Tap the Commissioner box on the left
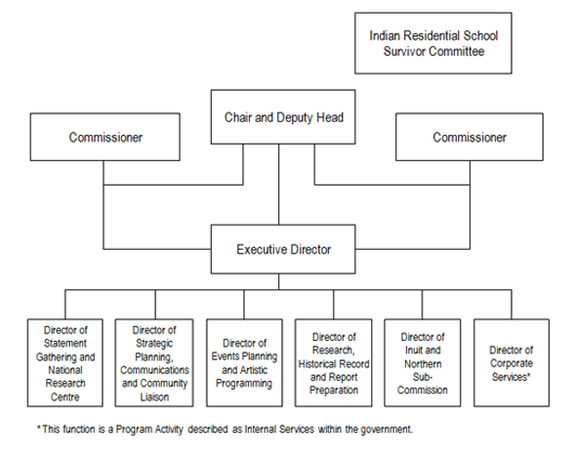pos(105,138)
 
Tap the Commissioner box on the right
pos(470,138)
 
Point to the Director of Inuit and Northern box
pos(422,363)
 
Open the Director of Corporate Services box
pos(512,363)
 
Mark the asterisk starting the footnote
pos(38,429)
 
